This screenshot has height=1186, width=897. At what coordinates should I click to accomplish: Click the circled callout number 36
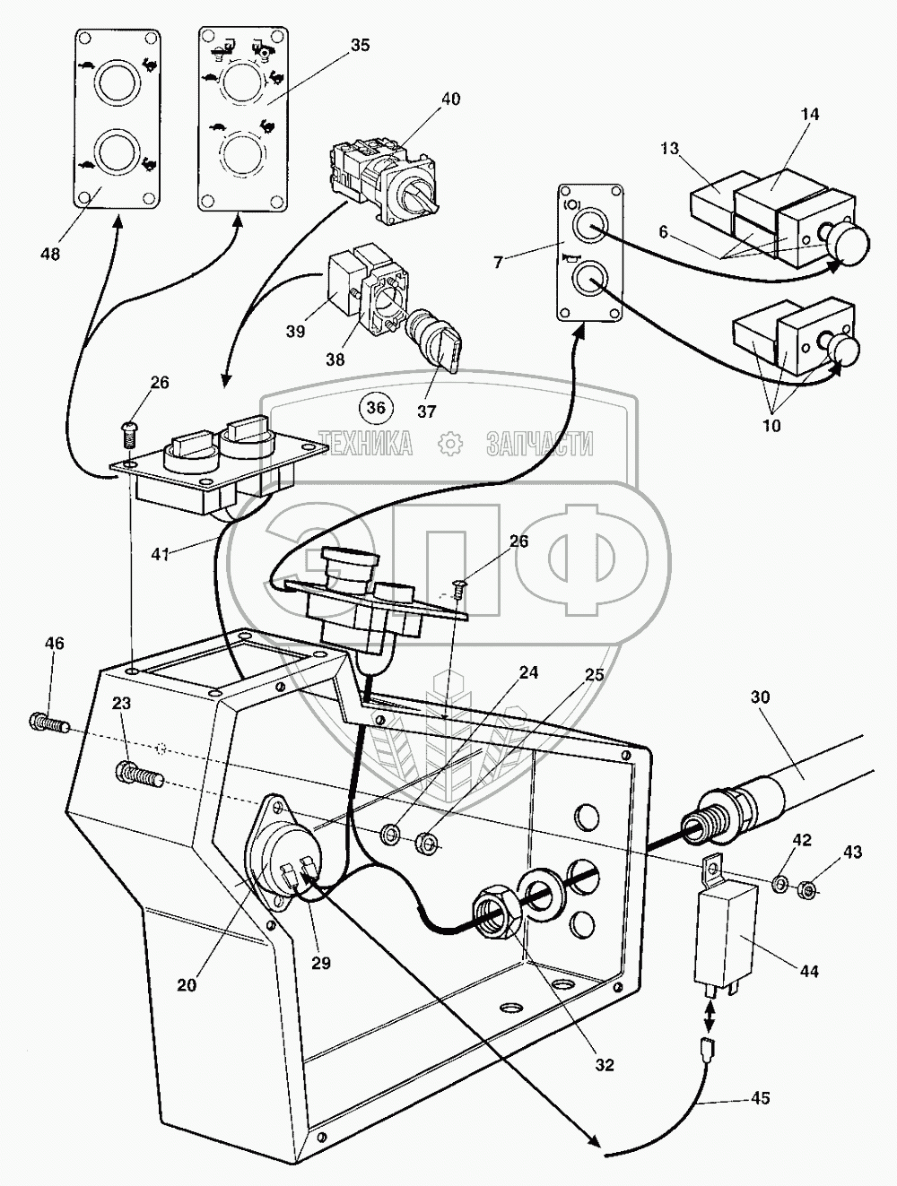[x=377, y=408]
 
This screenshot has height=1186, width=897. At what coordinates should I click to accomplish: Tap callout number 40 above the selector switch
[x=450, y=99]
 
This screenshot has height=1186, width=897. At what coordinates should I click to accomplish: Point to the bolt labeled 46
[x=48, y=720]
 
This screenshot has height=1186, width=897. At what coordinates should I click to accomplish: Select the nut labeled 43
[x=806, y=889]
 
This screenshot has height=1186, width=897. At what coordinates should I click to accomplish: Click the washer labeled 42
[x=780, y=886]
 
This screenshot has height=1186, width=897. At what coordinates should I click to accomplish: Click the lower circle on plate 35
[x=238, y=150]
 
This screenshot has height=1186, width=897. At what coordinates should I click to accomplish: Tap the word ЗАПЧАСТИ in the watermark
[x=540, y=443]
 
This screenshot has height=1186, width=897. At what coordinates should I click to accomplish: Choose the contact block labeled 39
[x=343, y=284]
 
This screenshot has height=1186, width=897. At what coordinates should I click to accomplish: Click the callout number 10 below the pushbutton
[x=771, y=425]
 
